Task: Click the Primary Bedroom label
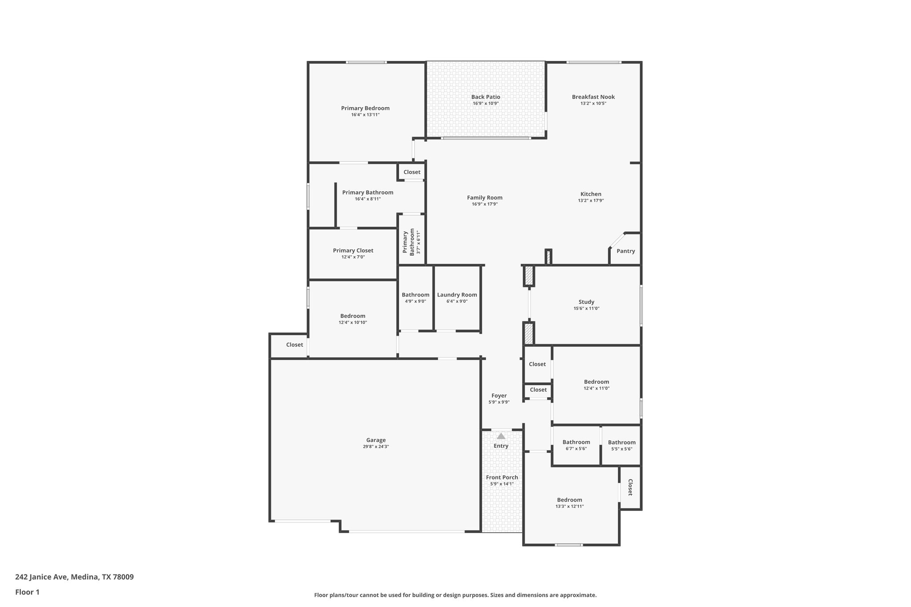coord(365,108)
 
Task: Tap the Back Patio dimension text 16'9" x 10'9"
coord(486,104)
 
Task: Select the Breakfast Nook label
coord(593,97)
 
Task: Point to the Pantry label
coord(625,251)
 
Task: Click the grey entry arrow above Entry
coord(501,436)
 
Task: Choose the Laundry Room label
coord(457,295)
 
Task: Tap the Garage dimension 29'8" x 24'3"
coord(376,446)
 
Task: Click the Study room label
coord(586,302)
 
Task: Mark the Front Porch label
coord(502,478)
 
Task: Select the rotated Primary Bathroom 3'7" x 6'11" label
coord(411,242)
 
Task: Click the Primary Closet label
coord(353,250)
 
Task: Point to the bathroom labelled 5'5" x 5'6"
coord(621,442)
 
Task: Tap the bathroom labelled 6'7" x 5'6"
coord(576,442)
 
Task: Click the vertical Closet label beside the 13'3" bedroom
coord(630,487)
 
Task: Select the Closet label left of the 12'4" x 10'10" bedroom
coord(294,345)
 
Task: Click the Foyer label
coord(499,396)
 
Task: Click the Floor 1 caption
coord(28,592)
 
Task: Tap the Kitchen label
coord(591,194)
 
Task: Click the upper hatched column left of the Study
coord(528,276)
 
